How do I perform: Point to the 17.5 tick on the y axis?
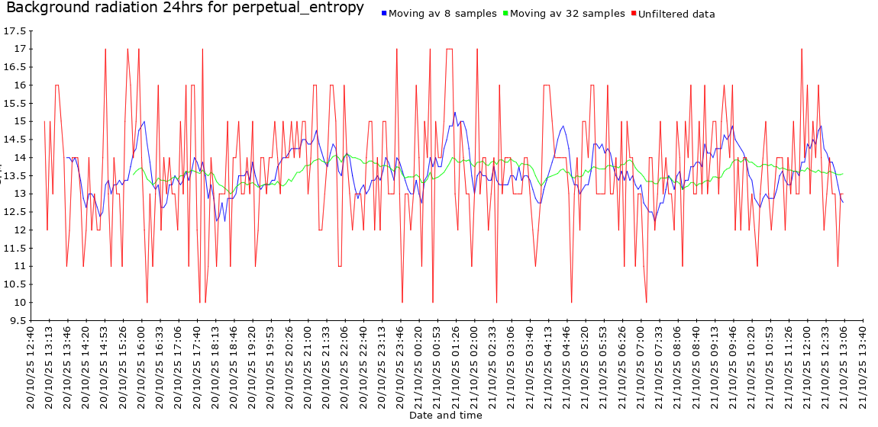coord(15,31)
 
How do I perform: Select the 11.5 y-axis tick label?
coord(15,249)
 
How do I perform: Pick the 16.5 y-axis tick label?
coord(15,67)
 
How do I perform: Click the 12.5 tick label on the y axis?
coord(15,212)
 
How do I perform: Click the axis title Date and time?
coord(446,416)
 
